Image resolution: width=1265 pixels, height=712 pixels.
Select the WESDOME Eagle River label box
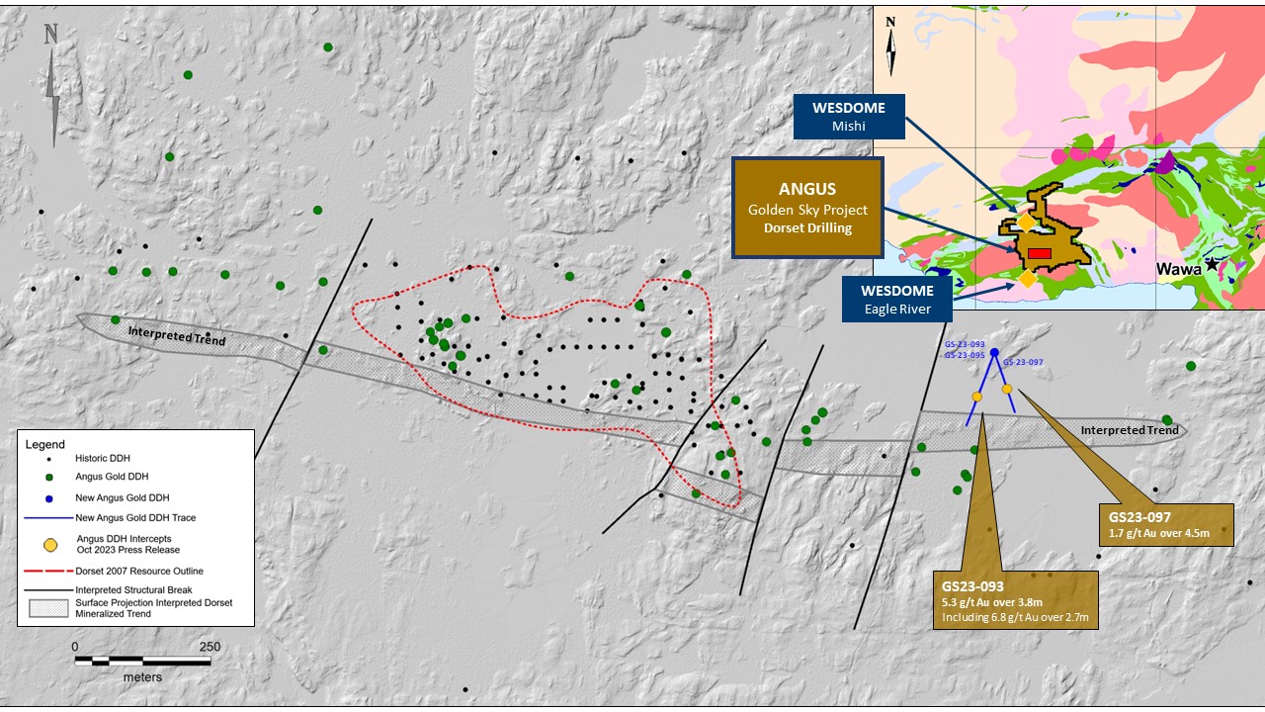click(x=896, y=299)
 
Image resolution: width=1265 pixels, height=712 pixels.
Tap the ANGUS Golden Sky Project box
click(x=807, y=208)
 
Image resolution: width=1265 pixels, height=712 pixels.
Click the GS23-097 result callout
click(x=1166, y=524)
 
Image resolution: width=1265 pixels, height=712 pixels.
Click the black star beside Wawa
click(x=1212, y=265)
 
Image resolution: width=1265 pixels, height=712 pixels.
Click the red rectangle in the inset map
click(x=1039, y=254)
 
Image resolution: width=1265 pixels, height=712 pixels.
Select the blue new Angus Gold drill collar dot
click(x=994, y=353)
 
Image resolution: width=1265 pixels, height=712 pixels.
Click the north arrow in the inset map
click(x=890, y=47)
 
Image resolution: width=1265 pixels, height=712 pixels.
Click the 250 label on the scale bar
click(x=209, y=647)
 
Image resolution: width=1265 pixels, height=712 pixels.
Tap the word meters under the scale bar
click(x=142, y=677)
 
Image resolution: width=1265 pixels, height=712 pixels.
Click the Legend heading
click(x=45, y=445)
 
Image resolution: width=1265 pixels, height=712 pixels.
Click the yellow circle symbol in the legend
click(x=49, y=542)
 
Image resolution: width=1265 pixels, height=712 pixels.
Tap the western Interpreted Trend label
click(x=177, y=337)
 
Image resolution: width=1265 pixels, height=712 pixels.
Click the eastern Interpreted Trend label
click(x=1130, y=430)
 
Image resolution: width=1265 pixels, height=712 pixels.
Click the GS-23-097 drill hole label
click(x=1023, y=363)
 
